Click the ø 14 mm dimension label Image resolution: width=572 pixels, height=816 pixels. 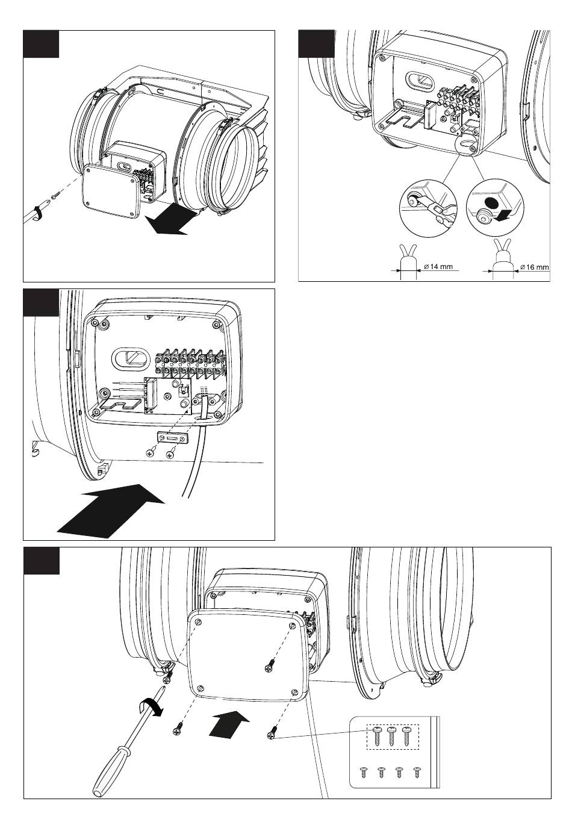click(x=438, y=266)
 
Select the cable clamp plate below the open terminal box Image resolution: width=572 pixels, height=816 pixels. click(x=173, y=437)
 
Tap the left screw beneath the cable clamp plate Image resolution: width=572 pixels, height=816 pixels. click(x=150, y=453)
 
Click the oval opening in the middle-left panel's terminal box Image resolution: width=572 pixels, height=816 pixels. click(x=130, y=358)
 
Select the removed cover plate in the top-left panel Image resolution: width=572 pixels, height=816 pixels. click(x=111, y=192)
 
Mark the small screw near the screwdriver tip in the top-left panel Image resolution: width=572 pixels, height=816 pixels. click(x=55, y=196)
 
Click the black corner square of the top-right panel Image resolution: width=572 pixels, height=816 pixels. click(x=316, y=44)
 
